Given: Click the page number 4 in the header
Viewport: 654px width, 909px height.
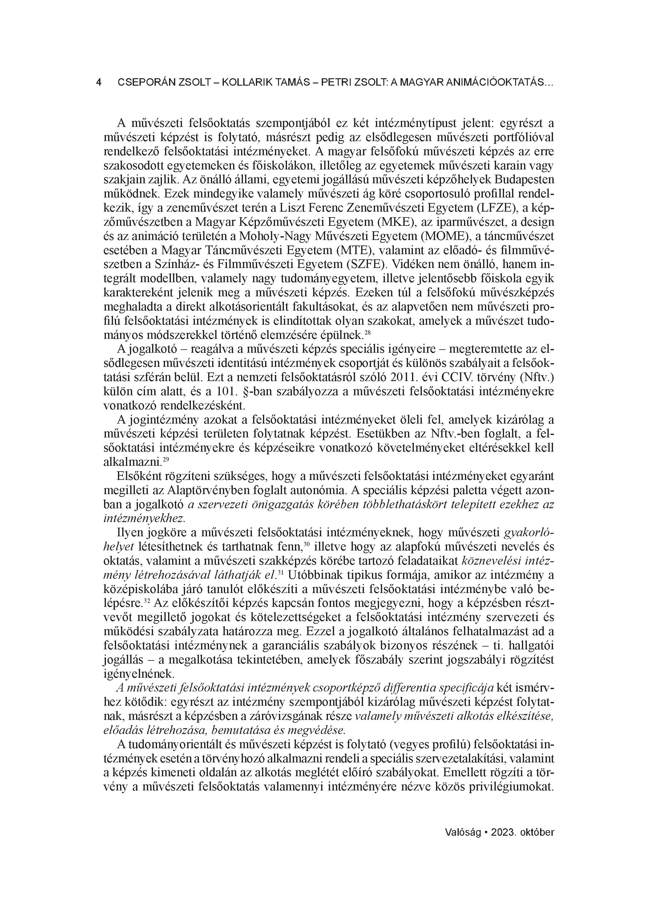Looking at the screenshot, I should click(99, 83).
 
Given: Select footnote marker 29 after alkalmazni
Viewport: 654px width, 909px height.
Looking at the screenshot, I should click(166, 459).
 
